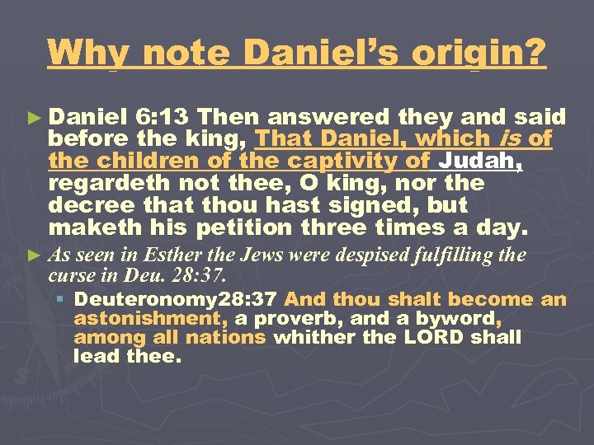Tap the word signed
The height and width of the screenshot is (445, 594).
[366, 204]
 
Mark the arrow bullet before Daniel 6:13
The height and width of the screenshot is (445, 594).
[36, 119]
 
